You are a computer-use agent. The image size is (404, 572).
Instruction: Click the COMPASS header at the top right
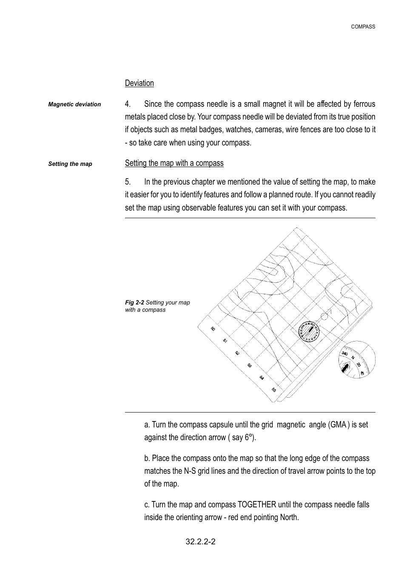(x=363, y=27)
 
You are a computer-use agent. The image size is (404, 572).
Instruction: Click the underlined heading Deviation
(x=139, y=83)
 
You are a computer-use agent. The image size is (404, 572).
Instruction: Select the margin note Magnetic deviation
(x=74, y=104)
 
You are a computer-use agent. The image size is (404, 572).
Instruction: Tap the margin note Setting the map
(x=70, y=164)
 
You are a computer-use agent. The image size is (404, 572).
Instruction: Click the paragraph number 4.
(x=128, y=104)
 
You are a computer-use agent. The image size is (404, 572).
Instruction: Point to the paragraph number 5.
(x=128, y=182)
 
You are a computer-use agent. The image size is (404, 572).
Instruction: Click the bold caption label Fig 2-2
(x=134, y=302)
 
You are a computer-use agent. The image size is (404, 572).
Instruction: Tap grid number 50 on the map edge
(x=213, y=329)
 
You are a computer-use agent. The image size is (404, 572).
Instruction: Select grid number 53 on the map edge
(x=250, y=365)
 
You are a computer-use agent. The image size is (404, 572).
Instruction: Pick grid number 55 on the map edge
(x=274, y=390)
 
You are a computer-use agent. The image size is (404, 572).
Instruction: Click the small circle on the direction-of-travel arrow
(x=324, y=316)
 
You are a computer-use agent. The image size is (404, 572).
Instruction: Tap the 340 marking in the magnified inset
(x=345, y=354)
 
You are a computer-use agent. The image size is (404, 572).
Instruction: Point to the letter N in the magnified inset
(x=353, y=358)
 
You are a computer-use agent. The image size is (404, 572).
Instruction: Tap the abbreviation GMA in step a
(x=337, y=424)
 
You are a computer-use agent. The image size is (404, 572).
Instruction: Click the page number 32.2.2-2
(x=200, y=542)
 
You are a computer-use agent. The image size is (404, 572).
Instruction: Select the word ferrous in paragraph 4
(x=364, y=104)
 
